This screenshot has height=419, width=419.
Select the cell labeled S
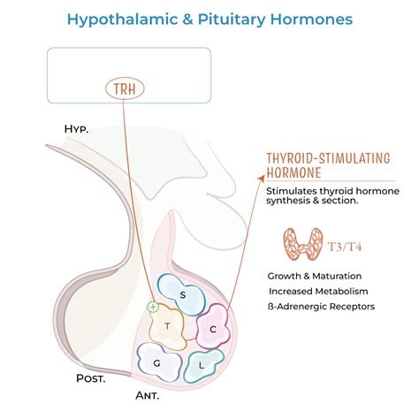click(182, 294)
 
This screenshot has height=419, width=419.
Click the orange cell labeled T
click(166, 327)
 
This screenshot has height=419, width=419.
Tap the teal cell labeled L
click(203, 364)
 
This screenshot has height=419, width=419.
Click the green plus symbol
click(153, 308)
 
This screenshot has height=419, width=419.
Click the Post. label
click(90, 379)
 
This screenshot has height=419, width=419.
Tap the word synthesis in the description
click(293, 201)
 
